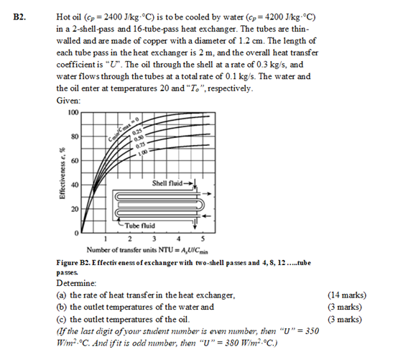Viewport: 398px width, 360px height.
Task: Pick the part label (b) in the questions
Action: (63, 307)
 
